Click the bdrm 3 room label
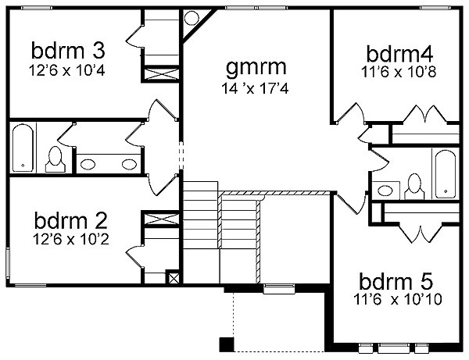click(x=68, y=51)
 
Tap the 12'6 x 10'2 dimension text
click(x=71, y=239)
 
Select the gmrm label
click(x=256, y=67)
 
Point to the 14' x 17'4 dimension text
click(x=255, y=88)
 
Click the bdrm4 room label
click(x=399, y=54)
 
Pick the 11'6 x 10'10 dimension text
click(x=398, y=299)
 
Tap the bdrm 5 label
click(x=396, y=281)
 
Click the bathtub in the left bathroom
click(x=23, y=148)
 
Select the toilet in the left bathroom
click(x=55, y=159)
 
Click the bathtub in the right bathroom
click(x=446, y=174)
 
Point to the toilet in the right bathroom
click(x=414, y=187)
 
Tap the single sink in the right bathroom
click(x=385, y=190)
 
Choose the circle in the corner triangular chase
click(x=192, y=19)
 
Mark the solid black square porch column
click(x=227, y=344)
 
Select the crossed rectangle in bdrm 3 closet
click(x=162, y=73)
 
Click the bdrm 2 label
click(x=70, y=220)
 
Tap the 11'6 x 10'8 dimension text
click(x=399, y=72)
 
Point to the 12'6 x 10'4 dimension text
click(x=67, y=70)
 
